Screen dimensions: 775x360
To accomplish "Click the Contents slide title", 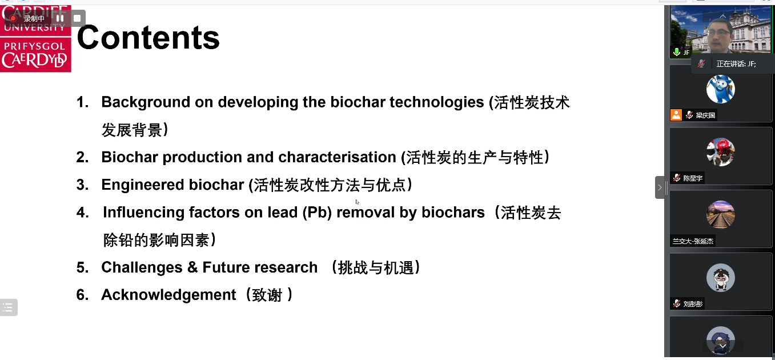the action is click(x=148, y=38).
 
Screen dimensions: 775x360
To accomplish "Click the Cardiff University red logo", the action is click(x=35, y=39).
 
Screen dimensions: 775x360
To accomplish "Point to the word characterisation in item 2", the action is click(x=338, y=158).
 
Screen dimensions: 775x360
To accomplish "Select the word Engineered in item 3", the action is click(x=143, y=185).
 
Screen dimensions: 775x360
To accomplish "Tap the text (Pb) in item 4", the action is click(x=318, y=213).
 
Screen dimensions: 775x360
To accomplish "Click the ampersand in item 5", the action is click(x=192, y=267).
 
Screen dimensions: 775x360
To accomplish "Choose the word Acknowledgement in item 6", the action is click(x=168, y=295).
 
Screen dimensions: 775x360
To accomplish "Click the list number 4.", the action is click(x=82, y=213).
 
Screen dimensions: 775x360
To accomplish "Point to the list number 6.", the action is click(x=82, y=295).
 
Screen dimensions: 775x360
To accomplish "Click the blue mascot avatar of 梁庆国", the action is click(x=721, y=89).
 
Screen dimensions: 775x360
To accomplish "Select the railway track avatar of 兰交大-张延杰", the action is click(x=721, y=215).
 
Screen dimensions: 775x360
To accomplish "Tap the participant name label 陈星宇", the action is click(x=693, y=178).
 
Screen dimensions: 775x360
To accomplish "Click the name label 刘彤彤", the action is click(x=693, y=304).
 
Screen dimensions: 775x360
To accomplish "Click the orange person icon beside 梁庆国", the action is click(x=676, y=115).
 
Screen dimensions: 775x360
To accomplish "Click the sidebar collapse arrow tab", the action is click(x=660, y=187).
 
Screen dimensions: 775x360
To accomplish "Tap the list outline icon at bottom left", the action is click(x=9, y=307).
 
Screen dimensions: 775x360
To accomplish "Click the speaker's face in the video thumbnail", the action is click(x=720, y=34).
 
